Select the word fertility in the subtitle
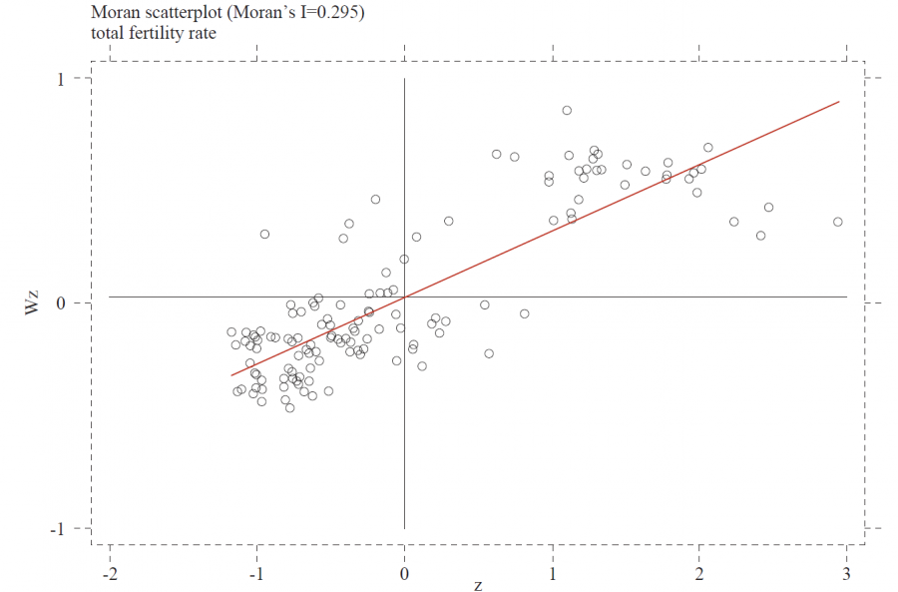(x=156, y=33)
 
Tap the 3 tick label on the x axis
(x=847, y=574)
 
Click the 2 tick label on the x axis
(x=699, y=574)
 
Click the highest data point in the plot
(x=567, y=111)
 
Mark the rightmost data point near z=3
(x=838, y=222)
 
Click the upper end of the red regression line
(x=839, y=102)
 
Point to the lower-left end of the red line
(x=232, y=375)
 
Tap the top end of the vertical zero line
(x=404, y=79)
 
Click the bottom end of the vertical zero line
(x=404, y=528)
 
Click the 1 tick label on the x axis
(x=552, y=574)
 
